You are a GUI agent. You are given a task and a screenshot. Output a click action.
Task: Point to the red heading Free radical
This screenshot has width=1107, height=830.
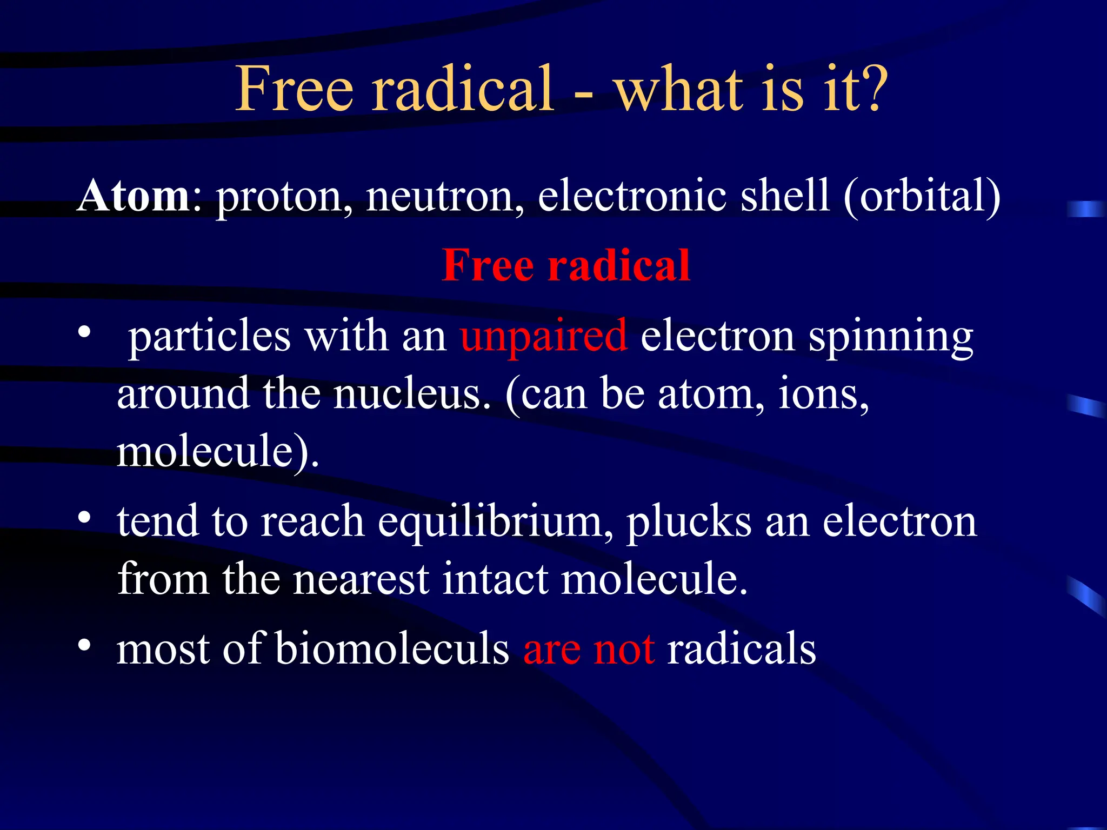coord(566,265)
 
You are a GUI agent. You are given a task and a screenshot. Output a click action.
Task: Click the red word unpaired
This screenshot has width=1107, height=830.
coord(544,337)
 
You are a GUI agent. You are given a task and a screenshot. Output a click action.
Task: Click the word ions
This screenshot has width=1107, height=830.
coord(822,394)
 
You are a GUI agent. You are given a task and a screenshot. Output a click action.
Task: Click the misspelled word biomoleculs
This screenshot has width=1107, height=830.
coord(392,648)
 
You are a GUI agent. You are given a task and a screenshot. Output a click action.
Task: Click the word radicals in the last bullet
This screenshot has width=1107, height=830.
coord(741,648)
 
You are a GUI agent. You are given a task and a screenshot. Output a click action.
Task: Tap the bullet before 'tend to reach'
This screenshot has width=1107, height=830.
coord(84,518)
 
